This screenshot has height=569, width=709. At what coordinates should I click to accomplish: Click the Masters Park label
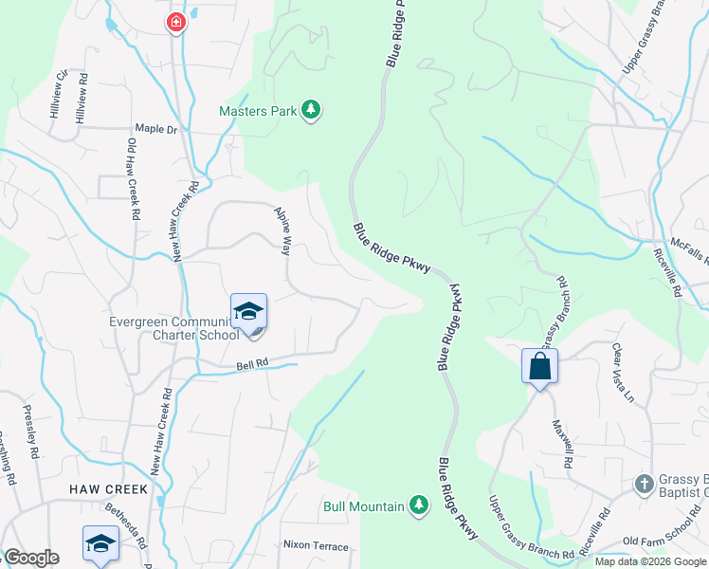259,111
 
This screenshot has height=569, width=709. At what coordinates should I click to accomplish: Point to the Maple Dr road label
156,128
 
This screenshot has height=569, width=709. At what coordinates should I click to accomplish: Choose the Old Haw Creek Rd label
133,180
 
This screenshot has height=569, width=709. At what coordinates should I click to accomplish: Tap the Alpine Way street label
282,230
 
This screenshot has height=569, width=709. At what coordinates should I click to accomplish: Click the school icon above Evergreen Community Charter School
248,311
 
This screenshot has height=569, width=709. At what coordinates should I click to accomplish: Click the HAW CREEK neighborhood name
108,489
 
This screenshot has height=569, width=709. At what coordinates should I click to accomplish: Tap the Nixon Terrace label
316,545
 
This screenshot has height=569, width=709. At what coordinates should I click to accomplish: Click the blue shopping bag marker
539,366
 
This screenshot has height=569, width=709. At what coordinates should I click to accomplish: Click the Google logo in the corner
31,558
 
